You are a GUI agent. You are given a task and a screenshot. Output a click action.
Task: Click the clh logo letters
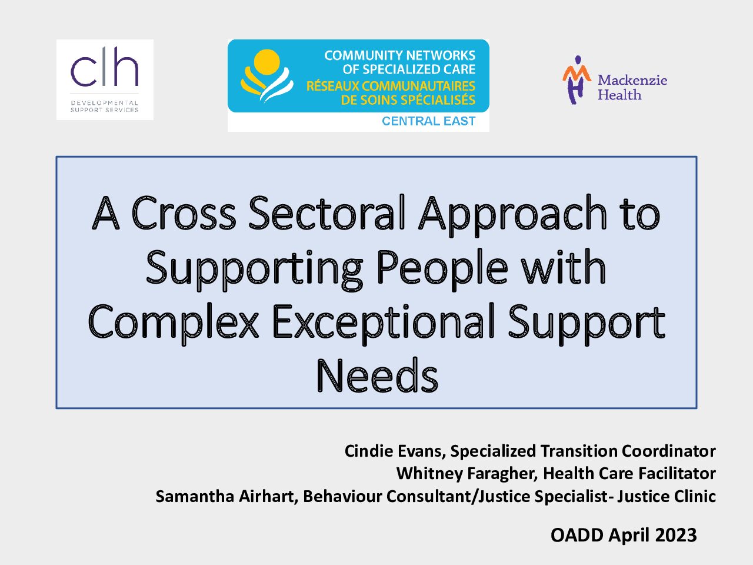[105, 67]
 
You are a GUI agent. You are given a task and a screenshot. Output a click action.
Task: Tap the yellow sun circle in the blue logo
[267, 62]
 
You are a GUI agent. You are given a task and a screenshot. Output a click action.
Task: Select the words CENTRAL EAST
[428, 121]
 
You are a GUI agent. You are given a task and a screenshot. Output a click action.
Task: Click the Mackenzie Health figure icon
[577, 79]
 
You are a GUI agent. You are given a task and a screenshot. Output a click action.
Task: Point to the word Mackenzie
[632, 80]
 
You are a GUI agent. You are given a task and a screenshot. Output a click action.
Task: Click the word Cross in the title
[184, 213]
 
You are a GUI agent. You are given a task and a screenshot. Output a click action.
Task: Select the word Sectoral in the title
[327, 212]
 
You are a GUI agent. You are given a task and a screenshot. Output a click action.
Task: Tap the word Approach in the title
[513, 215]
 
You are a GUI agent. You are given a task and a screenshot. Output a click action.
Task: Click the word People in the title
[442, 270]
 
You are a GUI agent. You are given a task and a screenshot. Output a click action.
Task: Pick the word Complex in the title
[173, 324]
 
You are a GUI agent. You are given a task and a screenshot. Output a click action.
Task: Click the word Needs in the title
[377, 375]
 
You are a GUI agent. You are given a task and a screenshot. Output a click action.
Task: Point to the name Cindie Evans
[395, 451]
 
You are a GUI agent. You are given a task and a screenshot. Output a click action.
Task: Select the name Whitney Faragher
[467, 473]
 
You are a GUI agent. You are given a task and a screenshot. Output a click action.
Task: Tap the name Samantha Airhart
[226, 496]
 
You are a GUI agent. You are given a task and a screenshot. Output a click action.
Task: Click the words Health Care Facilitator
[629, 473]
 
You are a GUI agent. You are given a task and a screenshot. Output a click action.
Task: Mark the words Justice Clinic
[667, 496]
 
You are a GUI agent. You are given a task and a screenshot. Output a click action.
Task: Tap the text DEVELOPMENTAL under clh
[104, 103]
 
